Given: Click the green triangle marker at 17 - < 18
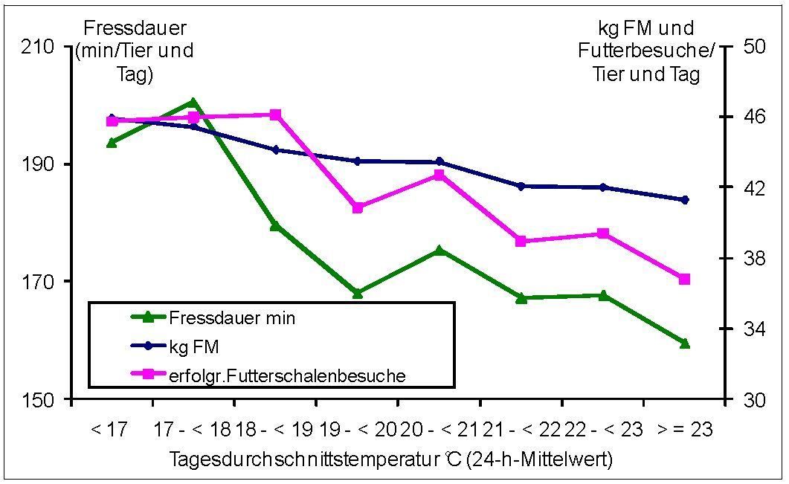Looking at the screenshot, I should point(193,103).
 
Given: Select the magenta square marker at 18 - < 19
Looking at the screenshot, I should point(275,114).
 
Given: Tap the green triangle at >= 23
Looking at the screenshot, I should point(685,343).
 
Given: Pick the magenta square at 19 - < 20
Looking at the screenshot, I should point(357,207).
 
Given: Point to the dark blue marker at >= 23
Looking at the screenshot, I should point(685,199).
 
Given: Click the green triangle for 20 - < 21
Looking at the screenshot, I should point(439,251).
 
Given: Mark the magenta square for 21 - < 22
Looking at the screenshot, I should point(521,241).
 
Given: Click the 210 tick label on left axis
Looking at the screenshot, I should point(44,47).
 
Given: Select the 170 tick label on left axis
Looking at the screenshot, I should point(44,282).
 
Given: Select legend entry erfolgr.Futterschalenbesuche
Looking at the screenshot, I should point(287,375).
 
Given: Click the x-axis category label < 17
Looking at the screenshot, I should point(109,430).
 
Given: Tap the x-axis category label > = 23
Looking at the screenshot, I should point(685,430).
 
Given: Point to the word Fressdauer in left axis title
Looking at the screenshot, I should point(135,28).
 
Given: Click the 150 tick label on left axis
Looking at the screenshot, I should point(44,400).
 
